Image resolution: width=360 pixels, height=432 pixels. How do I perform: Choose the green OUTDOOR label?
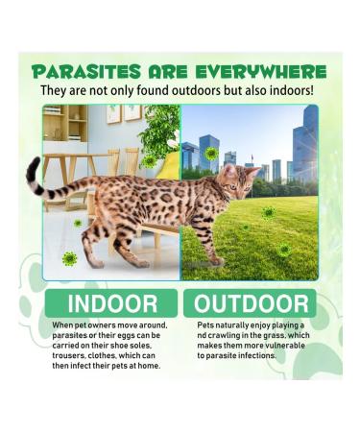[x=251, y=304]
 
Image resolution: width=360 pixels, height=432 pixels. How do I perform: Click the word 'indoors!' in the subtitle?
[x=287, y=91]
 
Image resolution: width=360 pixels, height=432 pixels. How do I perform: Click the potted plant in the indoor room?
[x=158, y=134]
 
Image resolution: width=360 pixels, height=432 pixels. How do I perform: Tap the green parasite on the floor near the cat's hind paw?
[x=70, y=257]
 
